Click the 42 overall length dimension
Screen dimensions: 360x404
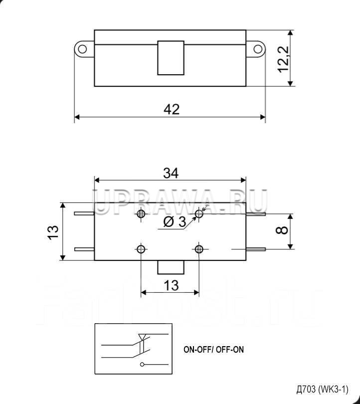click(x=172, y=109)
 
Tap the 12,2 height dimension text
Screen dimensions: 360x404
click(x=284, y=59)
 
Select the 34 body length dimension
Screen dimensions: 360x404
click(x=171, y=173)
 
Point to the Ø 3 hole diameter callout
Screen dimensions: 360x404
click(x=175, y=221)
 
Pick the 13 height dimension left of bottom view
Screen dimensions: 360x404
click(x=53, y=232)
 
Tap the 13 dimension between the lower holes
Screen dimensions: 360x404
click(x=171, y=285)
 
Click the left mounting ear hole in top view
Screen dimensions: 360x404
click(x=82, y=49)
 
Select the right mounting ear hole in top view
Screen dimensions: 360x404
click(x=258, y=49)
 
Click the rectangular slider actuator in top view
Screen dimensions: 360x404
click(x=171, y=58)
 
